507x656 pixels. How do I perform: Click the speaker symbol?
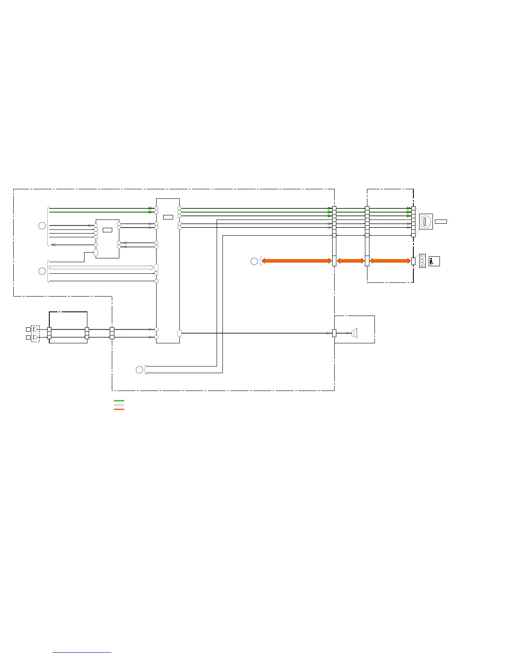click(x=354, y=333)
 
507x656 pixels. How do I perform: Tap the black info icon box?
click(x=434, y=261)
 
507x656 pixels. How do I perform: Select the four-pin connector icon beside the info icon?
click(x=422, y=261)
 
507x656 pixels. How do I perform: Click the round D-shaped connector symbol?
click(x=426, y=222)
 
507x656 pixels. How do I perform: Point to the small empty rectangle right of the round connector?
click(x=441, y=222)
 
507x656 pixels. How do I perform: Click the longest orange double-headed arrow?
click(x=297, y=261)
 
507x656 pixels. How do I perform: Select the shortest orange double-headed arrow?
click(x=350, y=261)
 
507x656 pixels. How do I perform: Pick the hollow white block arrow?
click(x=101, y=268)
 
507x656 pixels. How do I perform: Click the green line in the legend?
click(x=119, y=401)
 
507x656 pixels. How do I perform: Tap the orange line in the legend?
click(x=119, y=409)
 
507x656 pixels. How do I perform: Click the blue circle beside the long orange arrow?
click(x=254, y=261)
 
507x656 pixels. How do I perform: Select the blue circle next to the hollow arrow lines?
click(x=42, y=271)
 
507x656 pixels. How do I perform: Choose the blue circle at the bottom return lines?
click(x=140, y=370)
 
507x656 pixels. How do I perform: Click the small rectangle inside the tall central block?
click(x=168, y=217)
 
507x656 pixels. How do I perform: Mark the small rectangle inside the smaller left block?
click(x=107, y=230)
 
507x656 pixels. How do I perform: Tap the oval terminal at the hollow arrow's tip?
click(x=157, y=268)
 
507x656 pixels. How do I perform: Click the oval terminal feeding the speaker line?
click(x=179, y=333)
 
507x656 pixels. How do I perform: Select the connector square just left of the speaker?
click(x=334, y=333)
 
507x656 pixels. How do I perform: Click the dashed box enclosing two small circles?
click(x=36, y=333)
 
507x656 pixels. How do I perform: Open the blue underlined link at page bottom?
click(x=82, y=652)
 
